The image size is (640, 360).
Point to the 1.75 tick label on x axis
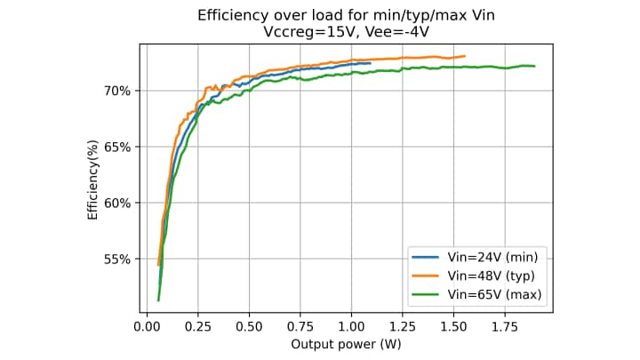[506, 325]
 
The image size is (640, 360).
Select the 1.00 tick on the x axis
[352, 325]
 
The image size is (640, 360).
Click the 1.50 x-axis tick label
[454, 325]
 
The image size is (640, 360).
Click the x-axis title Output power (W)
[346, 342]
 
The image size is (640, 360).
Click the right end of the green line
[534, 66]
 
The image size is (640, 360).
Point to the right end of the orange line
[465, 56]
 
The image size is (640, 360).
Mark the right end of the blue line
[370, 63]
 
